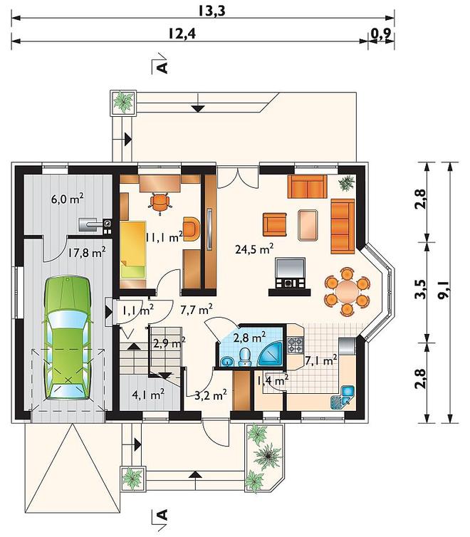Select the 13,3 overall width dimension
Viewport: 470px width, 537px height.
(x=212, y=11)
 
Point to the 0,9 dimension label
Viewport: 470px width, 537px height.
(x=381, y=33)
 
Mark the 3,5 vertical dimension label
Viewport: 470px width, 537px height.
(x=420, y=289)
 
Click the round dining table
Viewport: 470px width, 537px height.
(x=347, y=291)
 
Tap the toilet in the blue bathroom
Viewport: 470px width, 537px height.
(x=244, y=358)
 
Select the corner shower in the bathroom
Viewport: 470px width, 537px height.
(x=271, y=354)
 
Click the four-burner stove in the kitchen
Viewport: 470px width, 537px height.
(x=295, y=345)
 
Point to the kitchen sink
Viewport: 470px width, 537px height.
(x=343, y=397)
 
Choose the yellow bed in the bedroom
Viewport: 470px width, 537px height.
(x=133, y=250)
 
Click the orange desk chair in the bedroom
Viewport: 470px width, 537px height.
(x=160, y=202)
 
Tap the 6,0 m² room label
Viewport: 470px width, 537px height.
(x=67, y=199)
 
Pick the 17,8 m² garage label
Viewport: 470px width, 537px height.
(x=86, y=252)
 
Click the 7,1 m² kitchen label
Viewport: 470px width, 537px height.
(x=320, y=360)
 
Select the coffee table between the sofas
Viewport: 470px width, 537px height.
(x=308, y=225)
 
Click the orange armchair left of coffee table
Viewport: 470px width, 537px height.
(x=275, y=224)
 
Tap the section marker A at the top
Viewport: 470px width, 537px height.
(x=163, y=67)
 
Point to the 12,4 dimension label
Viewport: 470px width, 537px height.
(x=182, y=33)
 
